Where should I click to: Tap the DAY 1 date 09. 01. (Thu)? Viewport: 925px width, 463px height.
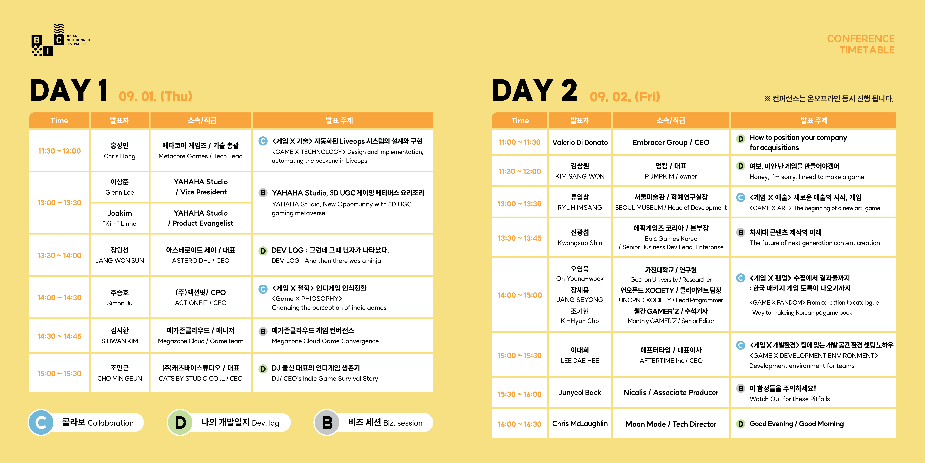(x=156, y=96)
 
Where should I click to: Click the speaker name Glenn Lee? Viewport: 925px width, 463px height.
(x=120, y=192)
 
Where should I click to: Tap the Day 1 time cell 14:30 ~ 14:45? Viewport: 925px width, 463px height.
(x=59, y=336)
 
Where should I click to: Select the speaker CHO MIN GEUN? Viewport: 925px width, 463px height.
(x=120, y=379)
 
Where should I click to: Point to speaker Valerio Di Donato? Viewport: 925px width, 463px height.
(x=580, y=142)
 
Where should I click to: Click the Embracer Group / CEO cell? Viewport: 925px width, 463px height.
(x=671, y=142)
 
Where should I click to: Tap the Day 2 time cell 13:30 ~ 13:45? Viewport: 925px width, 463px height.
(x=520, y=238)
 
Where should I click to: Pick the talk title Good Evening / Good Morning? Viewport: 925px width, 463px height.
(x=796, y=424)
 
